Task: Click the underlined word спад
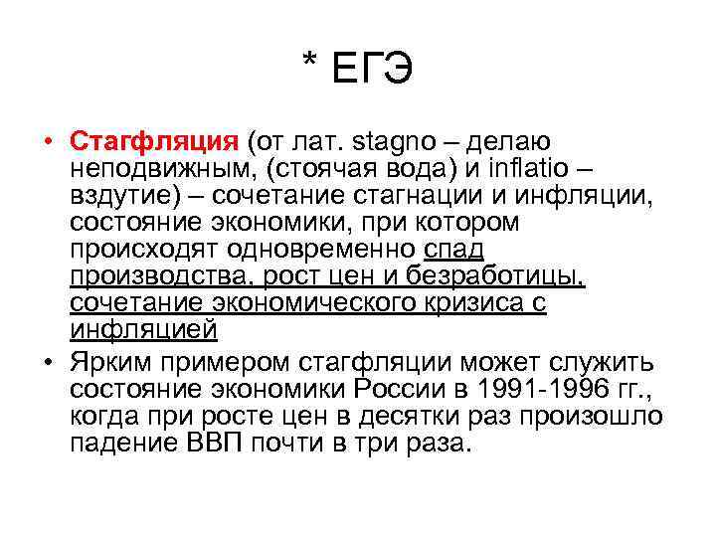coord(453,248)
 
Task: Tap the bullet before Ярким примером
coord(47,358)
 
